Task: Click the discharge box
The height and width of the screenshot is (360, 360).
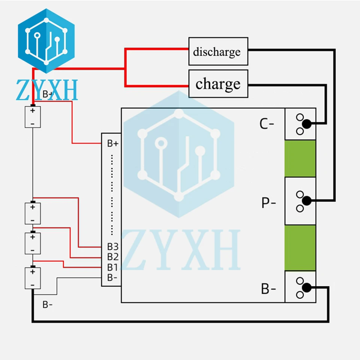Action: (x=218, y=51)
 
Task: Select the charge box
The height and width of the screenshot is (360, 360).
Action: (x=218, y=84)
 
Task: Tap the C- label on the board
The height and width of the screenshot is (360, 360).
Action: (x=267, y=124)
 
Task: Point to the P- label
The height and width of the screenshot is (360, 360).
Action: (x=268, y=203)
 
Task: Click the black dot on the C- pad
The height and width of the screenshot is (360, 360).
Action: (x=306, y=124)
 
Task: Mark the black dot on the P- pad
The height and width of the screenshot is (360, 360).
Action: (x=306, y=201)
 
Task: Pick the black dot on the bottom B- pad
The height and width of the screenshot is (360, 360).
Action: (x=306, y=288)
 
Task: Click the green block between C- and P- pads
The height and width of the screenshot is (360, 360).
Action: (x=300, y=158)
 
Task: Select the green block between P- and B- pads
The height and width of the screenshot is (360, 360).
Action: (x=300, y=248)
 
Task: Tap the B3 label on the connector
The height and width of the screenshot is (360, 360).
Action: (x=113, y=247)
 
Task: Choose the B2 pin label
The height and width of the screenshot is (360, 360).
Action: (x=113, y=256)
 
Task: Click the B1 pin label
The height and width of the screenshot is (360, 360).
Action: (x=112, y=267)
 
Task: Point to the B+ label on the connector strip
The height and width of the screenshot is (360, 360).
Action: (x=113, y=144)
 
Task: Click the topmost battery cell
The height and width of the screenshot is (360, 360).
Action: (x=33, y=117)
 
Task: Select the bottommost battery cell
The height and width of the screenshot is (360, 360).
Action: (x=33, y=278)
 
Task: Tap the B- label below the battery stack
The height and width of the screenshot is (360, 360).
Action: (x=48, y=304)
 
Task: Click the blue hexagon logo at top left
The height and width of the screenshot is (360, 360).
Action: (x=46, y=41)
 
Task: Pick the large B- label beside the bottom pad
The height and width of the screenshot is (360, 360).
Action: (x=268, y=289)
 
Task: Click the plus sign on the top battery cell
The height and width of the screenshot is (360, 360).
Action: (x=33, y=111)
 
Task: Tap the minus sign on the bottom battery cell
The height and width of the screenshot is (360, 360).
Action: (x=33, y=285)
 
